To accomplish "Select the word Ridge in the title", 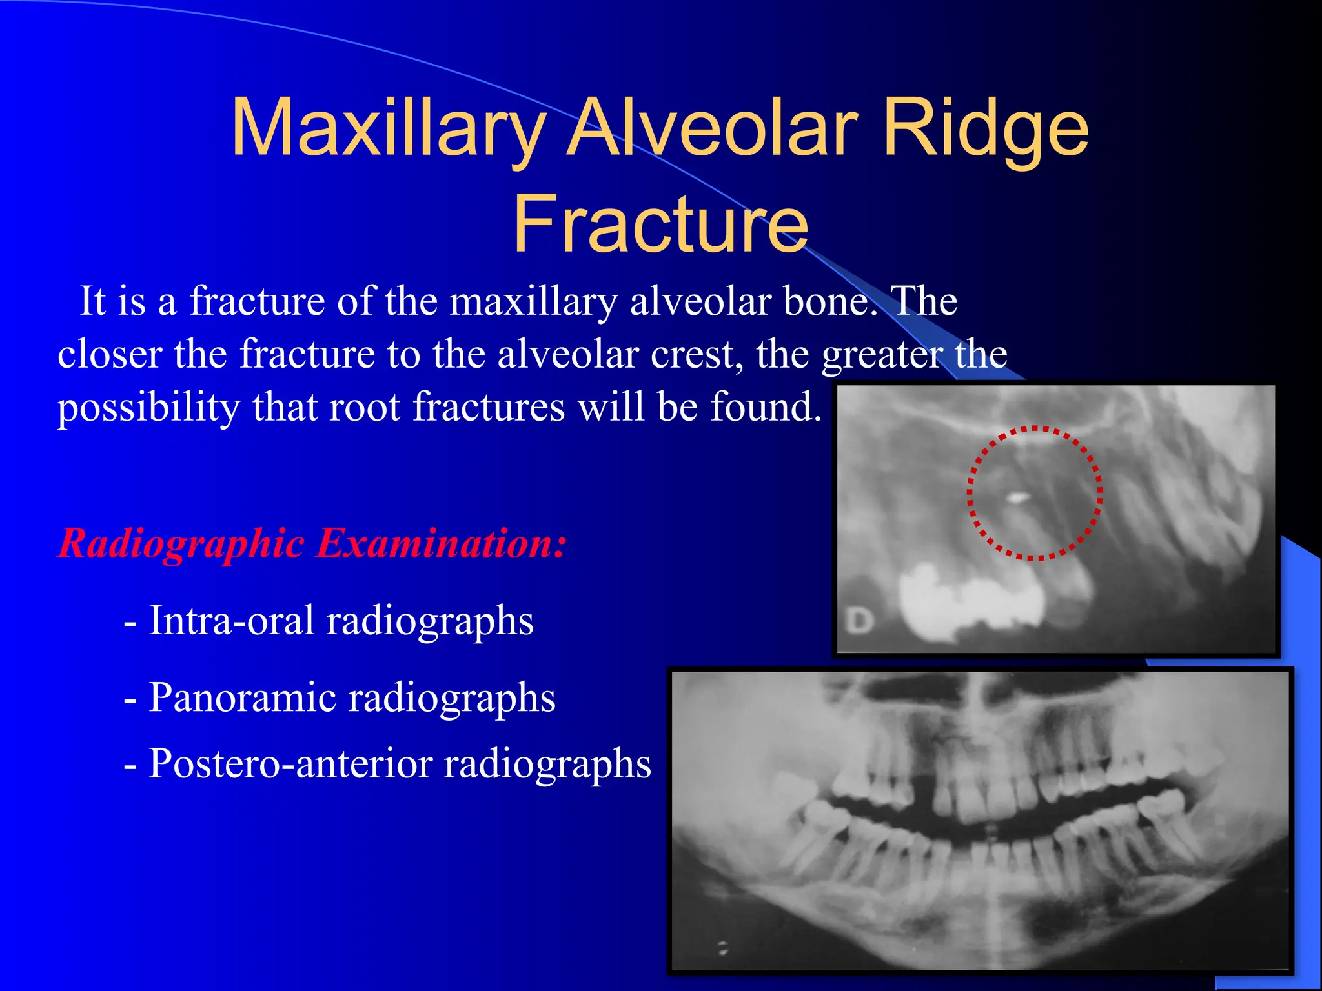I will tap(985, 129).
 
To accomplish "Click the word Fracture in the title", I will tap(660, 225).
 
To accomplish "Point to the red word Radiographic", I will tap(181, 543).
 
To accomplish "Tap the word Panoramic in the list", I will tap(239, 698).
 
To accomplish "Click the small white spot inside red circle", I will tap(1018, 497).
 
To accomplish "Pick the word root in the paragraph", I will tap(365, 408).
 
